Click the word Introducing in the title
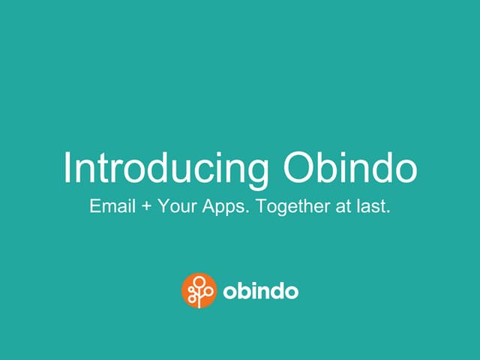166,168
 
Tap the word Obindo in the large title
349,168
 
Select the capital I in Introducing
67,168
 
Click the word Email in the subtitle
110,205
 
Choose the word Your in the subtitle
173,205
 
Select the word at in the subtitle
341,206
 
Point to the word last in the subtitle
373,205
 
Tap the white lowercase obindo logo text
260,291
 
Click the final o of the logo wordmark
291,292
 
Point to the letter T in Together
260,205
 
